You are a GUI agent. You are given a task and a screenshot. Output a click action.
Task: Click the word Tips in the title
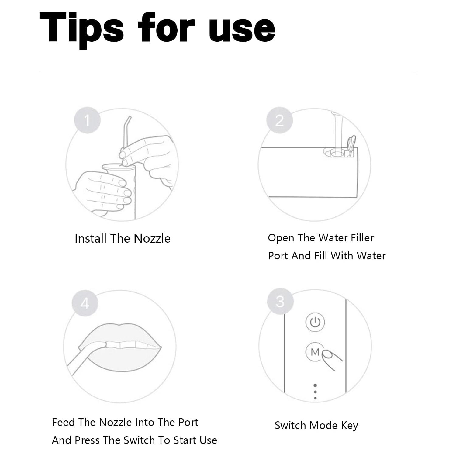pyautogui.click(x=81, y=28)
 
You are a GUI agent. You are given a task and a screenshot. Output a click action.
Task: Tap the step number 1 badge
pyautogui.click(x=87, y=120)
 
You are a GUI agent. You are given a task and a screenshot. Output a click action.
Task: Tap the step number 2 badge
pyautogui.click(x=279, y=120)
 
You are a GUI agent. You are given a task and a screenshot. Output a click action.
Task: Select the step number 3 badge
pyautogui.click(x=280, y=302)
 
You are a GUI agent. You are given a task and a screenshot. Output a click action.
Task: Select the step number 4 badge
pyautogui.click(x=85, y=303)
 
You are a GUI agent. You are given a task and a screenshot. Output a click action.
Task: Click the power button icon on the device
pyautogui.click(x=315, y=322)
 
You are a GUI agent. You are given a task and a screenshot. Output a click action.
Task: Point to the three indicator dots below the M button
pyautogui.click(x=315, y=392)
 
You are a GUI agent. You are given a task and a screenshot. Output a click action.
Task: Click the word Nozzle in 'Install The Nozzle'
pyautogui.click(x=152, y=238)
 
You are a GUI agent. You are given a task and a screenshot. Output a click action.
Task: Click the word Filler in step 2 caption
pyautogui.click(x=362, y=238)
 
